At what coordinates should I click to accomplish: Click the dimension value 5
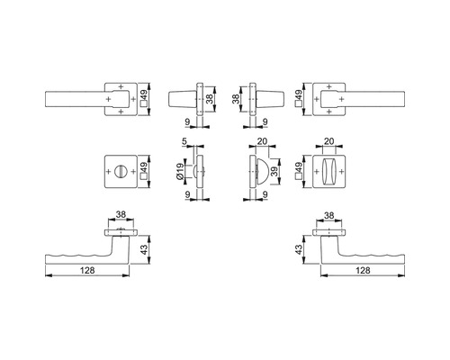tap(184, 141)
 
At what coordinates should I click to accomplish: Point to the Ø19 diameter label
tap(180, 172)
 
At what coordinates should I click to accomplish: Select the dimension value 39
tap(274, 172)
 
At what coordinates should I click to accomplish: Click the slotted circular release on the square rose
tap(121, 172)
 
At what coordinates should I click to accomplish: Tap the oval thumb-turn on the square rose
tap(328, 172)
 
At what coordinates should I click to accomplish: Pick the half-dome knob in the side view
tap(261, 172)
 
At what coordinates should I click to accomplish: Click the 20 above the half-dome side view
tap(263, 141)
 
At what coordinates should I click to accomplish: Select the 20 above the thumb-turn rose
tap(329, 141)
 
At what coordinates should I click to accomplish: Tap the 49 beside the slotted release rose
tap(144, 167)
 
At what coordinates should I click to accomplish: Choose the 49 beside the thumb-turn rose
tap(299, 167)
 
